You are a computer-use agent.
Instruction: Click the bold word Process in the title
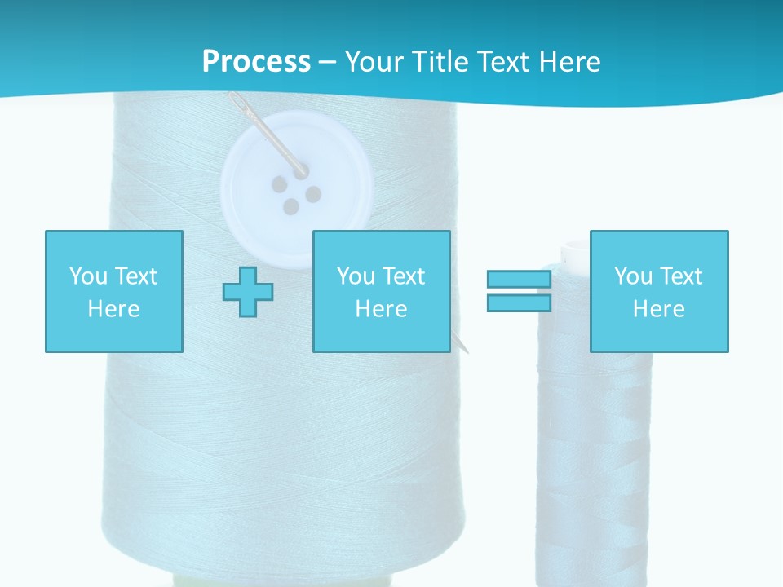coord(256,62)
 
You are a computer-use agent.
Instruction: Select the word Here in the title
coord(568,62)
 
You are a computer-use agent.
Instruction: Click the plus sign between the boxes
coord(248,291)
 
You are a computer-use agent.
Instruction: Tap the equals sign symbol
coord(519,291)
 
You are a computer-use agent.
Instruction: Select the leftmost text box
coord(114,291)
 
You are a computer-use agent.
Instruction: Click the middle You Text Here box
coord(382,291)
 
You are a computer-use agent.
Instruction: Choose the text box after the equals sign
coord(659,291)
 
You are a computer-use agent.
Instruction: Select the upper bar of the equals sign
coord(519,280)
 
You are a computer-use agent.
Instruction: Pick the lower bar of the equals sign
coord(519,302)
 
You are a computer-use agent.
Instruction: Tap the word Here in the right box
coord(659,308)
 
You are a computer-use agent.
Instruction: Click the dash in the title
coord(327,62)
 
